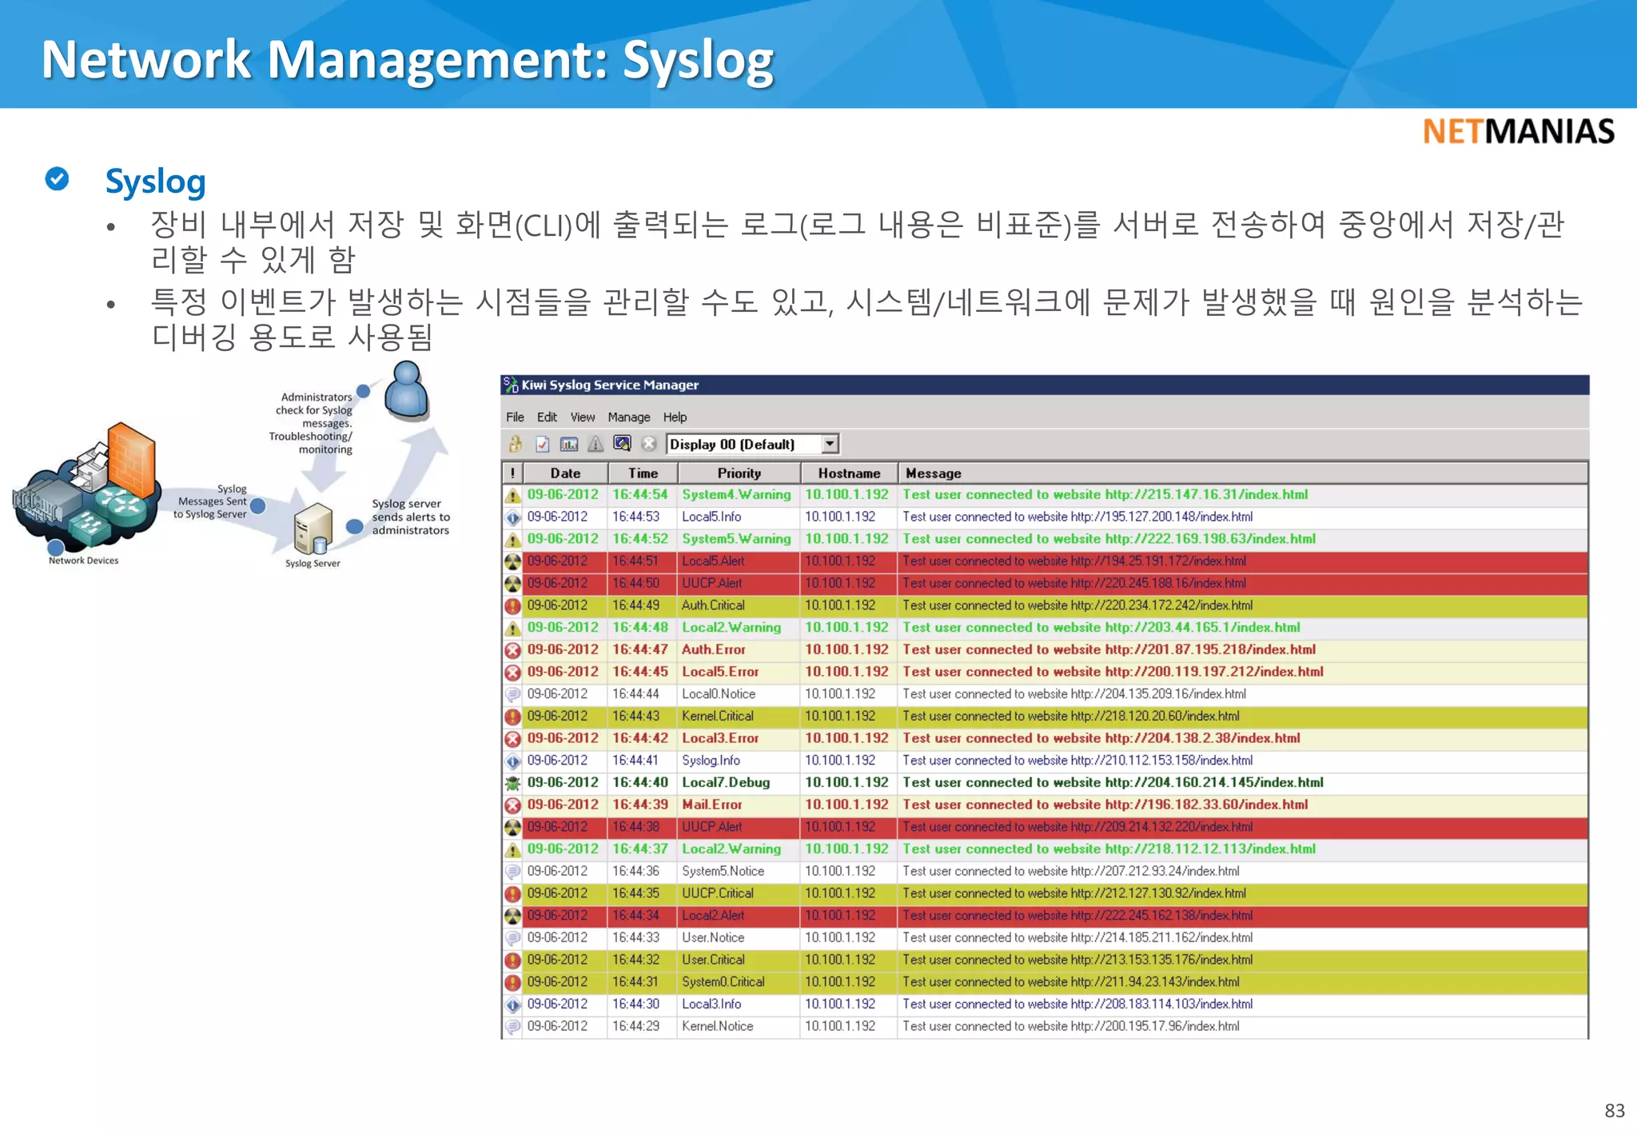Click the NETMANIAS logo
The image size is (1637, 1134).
(1518, 132)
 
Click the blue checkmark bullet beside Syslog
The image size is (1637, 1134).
(57, 179)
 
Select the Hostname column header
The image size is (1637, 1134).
(848, 473)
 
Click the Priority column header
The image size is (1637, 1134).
(739, 473)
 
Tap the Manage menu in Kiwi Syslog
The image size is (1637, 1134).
(628, 417)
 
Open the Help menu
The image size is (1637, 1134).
(675, 417)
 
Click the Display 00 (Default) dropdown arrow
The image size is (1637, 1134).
(830, 444)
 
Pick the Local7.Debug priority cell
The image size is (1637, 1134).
(726, 783)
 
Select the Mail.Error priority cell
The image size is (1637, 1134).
(711, 805)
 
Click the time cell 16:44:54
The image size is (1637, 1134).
(639, 495)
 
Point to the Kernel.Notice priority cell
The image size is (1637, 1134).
(717, 1026)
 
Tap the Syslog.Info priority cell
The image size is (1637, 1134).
(711, 761)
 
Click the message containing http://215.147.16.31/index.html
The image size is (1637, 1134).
(1105, 495)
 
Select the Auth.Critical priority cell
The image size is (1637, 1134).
(713, 605)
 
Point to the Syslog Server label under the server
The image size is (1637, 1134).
(313, 564)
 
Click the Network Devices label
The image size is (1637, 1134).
(83, 561)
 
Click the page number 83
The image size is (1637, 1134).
(1614, 1111)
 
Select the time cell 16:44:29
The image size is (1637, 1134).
(635, 1026)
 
